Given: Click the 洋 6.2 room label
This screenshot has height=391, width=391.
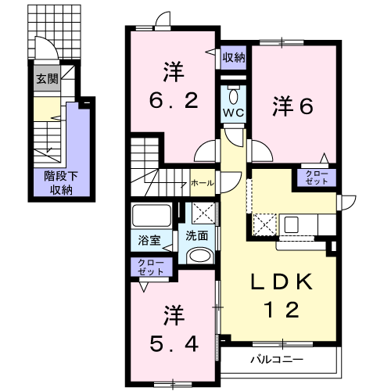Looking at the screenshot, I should click(174, 86).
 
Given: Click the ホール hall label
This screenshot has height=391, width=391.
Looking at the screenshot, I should click(201, 182).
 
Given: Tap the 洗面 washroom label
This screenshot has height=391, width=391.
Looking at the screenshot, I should click(196, 235).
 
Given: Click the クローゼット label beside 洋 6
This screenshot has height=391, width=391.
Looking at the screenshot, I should click(316, 178).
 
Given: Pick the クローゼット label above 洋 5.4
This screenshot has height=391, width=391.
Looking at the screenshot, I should click(151, 266).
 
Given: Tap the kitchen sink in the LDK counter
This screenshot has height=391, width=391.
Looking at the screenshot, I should click(298, 224).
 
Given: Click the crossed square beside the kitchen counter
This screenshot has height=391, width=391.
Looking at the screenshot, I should click(263, 224).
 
